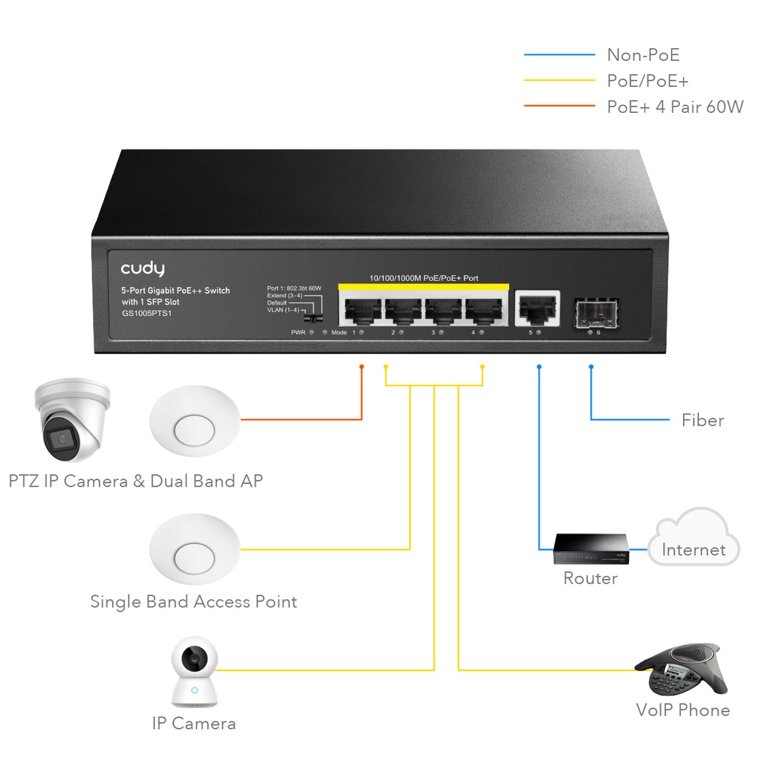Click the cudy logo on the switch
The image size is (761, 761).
[142, 268]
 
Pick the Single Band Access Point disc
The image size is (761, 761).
[195, 550]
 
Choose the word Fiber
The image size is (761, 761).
[702, 421]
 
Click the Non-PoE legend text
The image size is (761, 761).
[643, 55]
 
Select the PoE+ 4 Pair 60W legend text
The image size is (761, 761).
[675, 106]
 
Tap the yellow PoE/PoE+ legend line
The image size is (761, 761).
[559, 80]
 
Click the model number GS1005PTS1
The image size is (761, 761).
[147, 314]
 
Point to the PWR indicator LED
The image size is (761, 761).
[311, 333]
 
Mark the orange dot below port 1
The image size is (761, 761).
[361, 366]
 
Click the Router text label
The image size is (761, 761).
[590, 578]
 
